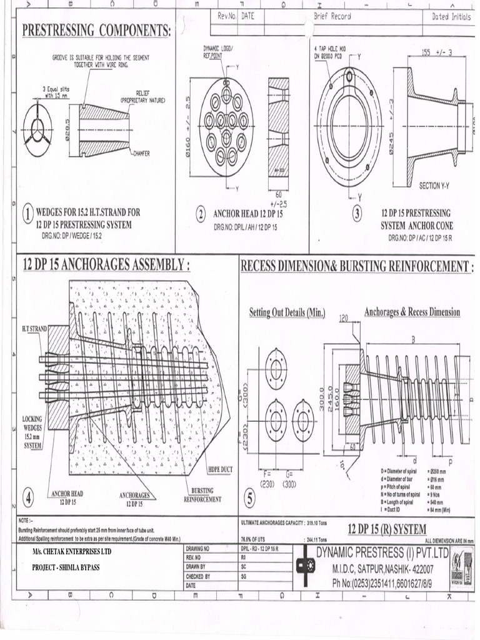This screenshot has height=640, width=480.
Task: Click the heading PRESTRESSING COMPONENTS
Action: pos(97,31)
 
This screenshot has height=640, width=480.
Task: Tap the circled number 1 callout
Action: pos(28,215)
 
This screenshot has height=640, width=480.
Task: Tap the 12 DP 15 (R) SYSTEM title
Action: pos(387,529)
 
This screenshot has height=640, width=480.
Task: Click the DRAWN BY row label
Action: pos(198,566)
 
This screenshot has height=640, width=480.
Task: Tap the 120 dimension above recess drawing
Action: pos(343,318)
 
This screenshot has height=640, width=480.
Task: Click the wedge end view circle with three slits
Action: pos(38,131)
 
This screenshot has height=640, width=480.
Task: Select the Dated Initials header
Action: pos(451,17)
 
